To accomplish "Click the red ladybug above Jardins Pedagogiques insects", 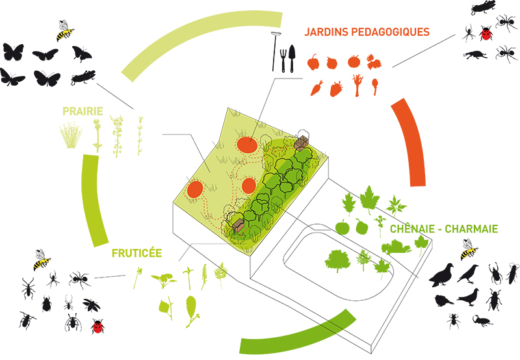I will tap(486, 32).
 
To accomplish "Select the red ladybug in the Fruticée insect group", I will tap(98, 326).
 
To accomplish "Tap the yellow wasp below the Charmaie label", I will tap(468, 249).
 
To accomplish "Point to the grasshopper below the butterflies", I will tap(83, 79).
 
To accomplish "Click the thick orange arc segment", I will tap(409, 143).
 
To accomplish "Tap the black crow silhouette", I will tap(467, 274).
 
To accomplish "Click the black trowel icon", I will tap(292, 58).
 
